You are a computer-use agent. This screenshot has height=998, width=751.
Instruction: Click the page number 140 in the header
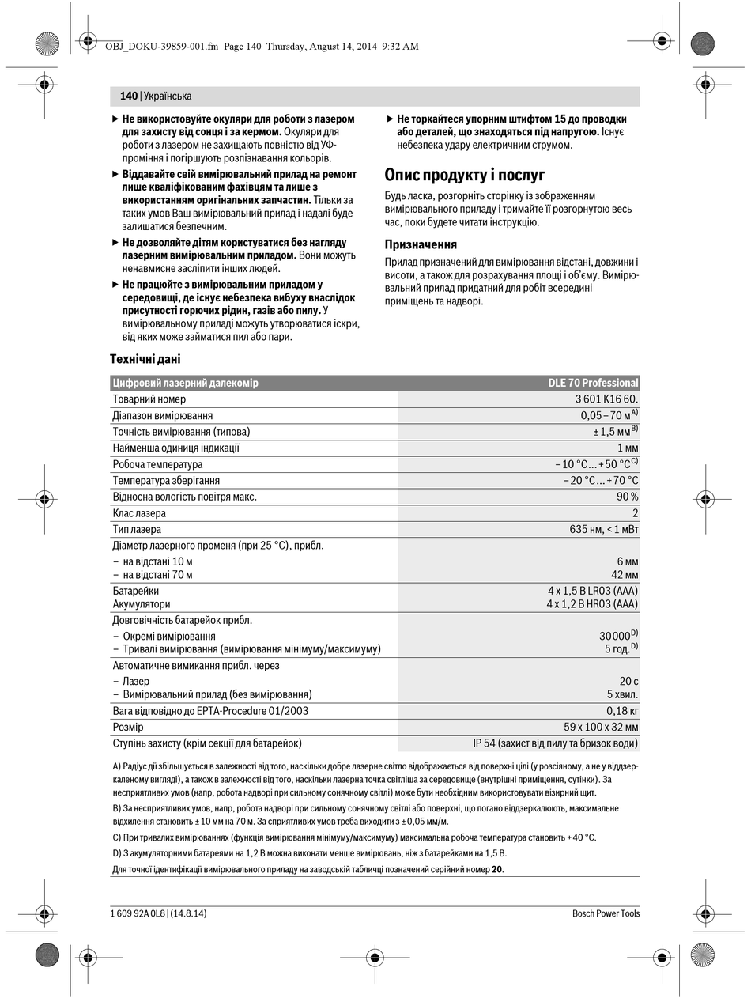129,96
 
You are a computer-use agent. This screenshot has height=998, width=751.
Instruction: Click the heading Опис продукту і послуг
464,175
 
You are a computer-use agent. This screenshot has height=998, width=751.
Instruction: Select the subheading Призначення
421,244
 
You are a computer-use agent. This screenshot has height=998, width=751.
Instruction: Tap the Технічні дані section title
145,359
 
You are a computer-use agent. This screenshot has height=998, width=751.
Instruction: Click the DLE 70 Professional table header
593,383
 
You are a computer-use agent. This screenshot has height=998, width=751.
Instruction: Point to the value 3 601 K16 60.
606,399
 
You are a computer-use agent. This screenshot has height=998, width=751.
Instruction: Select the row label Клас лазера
139,513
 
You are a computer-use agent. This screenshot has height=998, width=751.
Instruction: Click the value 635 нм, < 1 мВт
603,530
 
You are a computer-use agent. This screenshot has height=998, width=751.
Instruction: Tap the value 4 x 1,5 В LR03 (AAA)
592,591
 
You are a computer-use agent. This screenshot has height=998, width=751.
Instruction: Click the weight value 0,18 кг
622,711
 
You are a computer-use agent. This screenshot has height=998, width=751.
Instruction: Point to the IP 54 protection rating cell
556,743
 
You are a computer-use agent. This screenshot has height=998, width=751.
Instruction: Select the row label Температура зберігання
166,481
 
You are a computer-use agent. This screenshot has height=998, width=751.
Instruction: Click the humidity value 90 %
628,497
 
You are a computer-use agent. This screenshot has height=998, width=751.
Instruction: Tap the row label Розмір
128,727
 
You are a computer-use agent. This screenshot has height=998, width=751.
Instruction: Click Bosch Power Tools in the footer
606,913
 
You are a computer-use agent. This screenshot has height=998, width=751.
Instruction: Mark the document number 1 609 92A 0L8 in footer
138,913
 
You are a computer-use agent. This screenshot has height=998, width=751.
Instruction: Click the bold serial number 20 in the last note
496,869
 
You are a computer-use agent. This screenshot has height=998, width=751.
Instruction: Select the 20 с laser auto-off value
628,681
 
